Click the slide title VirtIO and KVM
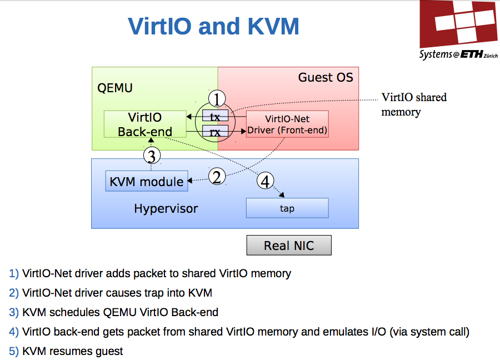213,26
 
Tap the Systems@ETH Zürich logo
459,31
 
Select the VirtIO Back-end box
145,124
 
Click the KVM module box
147,182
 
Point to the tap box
287,208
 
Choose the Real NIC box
289,246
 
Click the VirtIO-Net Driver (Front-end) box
287,124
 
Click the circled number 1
217,99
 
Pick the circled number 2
218,177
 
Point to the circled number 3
152,154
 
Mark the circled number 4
266,181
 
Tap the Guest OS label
325,77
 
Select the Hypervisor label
166,209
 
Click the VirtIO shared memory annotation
414,104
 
